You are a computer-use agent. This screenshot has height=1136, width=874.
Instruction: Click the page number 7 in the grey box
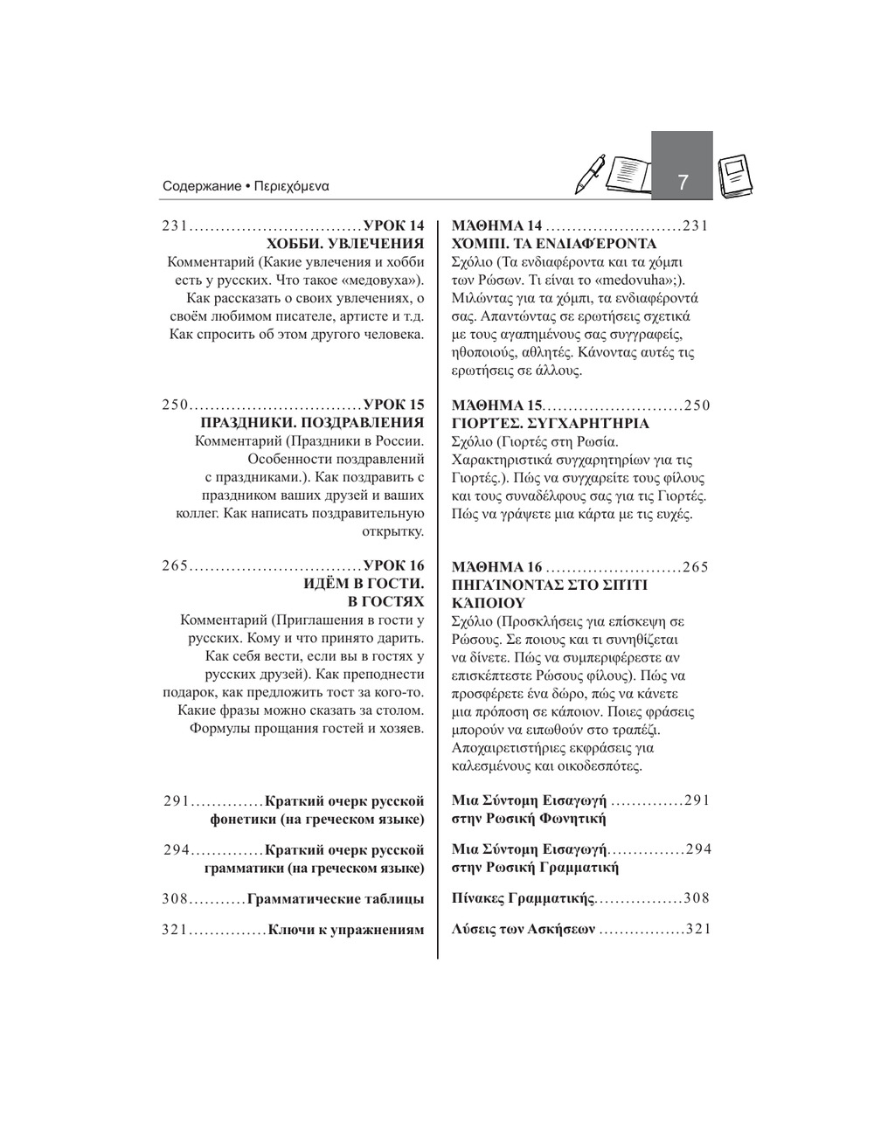(683, 182)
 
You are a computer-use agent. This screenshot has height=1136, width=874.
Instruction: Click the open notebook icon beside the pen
(627, 175)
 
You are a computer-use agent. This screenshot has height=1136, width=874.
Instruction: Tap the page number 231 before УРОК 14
(175, 226)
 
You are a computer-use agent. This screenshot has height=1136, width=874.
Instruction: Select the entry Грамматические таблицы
(336, 898)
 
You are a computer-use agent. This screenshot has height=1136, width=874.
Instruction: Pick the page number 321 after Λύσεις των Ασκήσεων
(698, 929)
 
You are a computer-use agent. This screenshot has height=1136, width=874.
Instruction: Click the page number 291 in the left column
(177, 800)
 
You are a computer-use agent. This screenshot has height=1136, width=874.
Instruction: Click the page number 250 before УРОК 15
(175, 405)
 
